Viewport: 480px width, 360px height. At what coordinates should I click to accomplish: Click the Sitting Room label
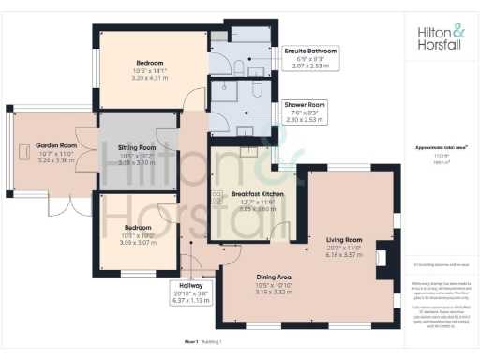pyautogui.click(x=137, y=148)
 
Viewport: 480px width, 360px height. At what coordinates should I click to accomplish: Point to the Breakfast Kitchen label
pyautogui.click(x=245, y=193)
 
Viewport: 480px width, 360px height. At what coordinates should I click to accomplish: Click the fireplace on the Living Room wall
pyautogui.click(x=382, y=255)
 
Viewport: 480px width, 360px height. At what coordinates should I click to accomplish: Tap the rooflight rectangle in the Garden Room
pyautogui.click(x=22, y=152)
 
